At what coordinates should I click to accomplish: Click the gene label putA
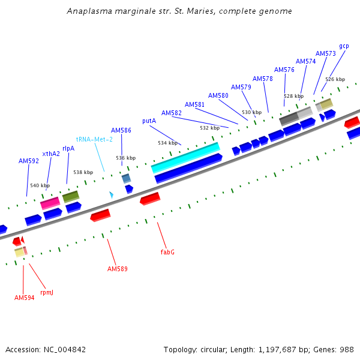pyautogui.click(x=149, y=121)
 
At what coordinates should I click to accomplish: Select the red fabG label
pyautogui.click(x=167, y=252)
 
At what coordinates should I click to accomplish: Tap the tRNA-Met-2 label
pyautogui.click(x=94, y=139)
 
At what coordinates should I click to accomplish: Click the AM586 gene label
pyautogui.click(x=121, y=130)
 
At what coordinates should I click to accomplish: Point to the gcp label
pyautogui.click(x=344, y=46)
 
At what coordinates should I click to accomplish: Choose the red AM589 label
pyautogui.click(x=118, y=269)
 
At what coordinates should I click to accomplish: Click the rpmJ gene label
pyautogui.click(x=47, y=292)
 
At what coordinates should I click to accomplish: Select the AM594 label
pyautogui.click(x=25, y=298)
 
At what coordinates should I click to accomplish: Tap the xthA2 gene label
pyautogui.click(x=51, y=154)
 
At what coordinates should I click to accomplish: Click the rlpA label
pyautogui.click(x=68, y=148)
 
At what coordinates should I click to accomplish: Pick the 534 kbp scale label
pyautogui.click(x=167, y=143)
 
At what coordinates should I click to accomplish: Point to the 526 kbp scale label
pyautogui.click(x=335, y=79)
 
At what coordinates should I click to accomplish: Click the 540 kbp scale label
pyautogui.click(x=40, y=185)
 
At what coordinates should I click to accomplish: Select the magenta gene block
pyautogui.click(x=50, y=203)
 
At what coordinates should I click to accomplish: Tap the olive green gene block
pyautogui.click(x=71, y=196)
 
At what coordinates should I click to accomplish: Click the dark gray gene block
pyautogui.click(x=289, y=118)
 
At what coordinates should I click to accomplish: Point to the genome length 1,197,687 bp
pyautogui.click(x=281, y=349)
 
